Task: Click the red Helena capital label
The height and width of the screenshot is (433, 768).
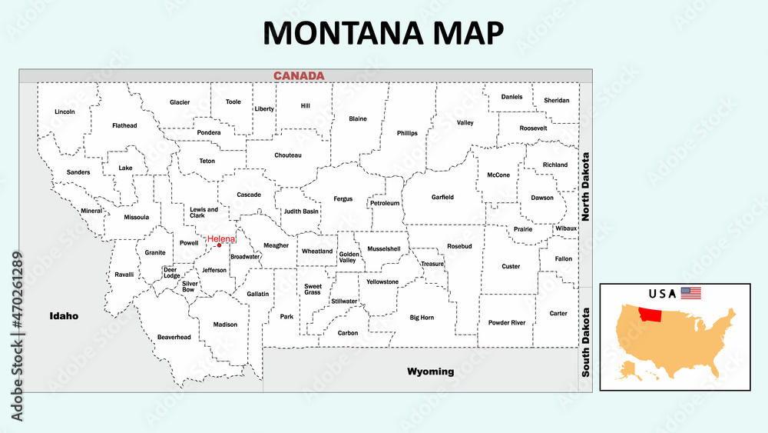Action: click(x=222, y=238)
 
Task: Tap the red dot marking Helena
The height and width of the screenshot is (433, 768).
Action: click(x=220, y=246)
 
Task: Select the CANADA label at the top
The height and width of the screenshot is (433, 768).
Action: click(x=300, y=75)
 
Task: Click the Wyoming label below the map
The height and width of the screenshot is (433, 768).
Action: click(x=430, y=371)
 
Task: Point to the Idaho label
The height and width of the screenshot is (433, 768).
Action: click(x=64, y=316)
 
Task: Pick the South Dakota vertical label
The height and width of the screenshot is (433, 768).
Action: click(x=585, y=341)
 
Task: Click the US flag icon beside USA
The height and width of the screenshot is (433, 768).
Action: click(x=691, y=293)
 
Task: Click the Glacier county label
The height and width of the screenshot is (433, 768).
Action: click(x=180, y=102)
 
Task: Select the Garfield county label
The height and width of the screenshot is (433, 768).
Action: click(x=442, y=197)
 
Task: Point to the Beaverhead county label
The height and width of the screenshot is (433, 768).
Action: click(x=174, y=337)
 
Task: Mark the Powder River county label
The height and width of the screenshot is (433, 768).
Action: click(x=507, y=322)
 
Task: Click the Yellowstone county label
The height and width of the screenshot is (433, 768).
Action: click(x=382, y=281)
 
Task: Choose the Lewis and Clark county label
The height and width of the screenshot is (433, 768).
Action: click(x=204, y=212)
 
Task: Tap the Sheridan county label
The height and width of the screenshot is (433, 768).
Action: click(x=557, y=100)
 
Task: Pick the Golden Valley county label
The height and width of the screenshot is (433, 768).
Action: click(x=349, y=257)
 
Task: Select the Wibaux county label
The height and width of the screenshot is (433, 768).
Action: click(x=566, y=228)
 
